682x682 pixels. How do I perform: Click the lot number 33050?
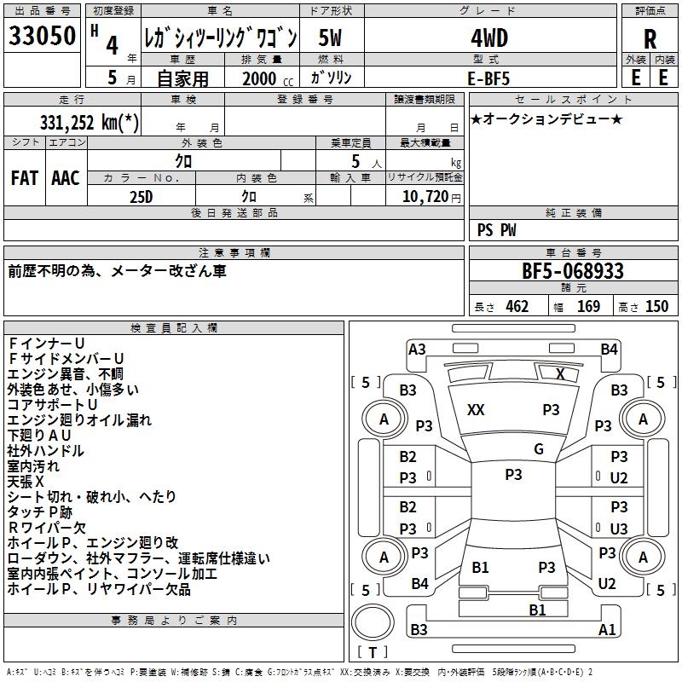pos(42,37)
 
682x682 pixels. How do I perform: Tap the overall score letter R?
pos(650,39)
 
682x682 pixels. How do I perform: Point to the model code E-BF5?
pos(488,77)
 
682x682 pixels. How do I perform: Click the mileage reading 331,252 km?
pos(90,122)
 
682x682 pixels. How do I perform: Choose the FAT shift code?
pos(24,177)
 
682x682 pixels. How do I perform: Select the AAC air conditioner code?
pos(66,177)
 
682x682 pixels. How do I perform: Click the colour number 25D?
pos(141,196)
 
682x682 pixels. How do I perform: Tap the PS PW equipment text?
pos(496,229)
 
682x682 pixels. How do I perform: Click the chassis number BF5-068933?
pos(572,271)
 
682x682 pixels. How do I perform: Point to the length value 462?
pos(517,306)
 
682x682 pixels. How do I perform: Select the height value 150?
pos(656,306)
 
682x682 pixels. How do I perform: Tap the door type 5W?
pos(331,38)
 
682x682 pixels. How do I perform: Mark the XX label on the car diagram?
pos(476,410)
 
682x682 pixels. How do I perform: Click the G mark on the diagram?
pos(538,449)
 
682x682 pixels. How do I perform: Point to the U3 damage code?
pos(619,529)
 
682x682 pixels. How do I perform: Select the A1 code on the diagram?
pos(607,630)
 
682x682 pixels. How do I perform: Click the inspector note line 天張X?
pos(26,481)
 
